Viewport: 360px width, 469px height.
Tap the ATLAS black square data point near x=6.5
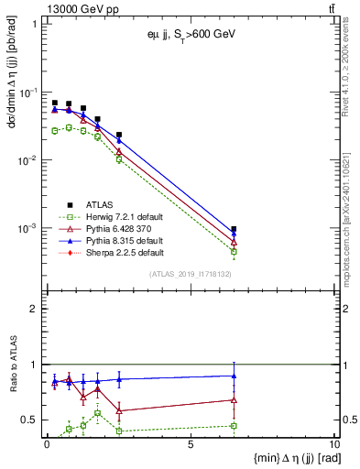[x=235, y=229]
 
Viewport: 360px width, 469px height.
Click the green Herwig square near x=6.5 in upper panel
[x=235, y=251]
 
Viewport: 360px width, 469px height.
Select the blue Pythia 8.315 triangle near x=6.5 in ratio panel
[x=235, y=376]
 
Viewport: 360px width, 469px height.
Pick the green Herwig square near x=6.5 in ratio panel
[x=235, y=426]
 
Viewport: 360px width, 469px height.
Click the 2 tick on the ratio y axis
[x=35, y=309]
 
